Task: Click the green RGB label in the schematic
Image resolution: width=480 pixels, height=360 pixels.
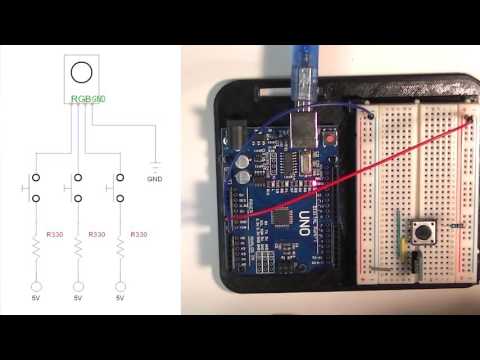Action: (88, 99)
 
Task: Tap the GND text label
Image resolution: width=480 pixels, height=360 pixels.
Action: (154, 180)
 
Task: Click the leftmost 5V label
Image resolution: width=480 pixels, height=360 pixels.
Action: (36, 299)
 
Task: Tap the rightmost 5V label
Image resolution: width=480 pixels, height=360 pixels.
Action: (120, 299)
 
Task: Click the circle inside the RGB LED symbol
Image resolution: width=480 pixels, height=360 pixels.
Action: (83, 72)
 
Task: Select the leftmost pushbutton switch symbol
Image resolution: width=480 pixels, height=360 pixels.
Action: (36, 188)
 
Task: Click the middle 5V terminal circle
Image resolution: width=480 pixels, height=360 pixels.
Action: (78, 286)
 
